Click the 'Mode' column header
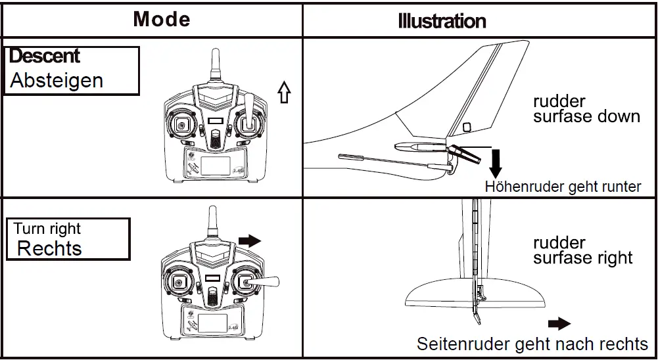point(161,19)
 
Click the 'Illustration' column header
point(442,21)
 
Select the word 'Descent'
point(45,56)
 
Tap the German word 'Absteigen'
point(57,81)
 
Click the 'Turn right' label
point(47,229)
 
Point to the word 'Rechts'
point(49,249)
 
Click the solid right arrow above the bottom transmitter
point(249,241)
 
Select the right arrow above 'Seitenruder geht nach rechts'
point(559,323)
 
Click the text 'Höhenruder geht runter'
point(563,187)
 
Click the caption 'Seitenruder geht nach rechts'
point(532,344)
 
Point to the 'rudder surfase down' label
point(586,110)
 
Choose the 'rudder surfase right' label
point(582,250)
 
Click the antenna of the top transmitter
point(214,66)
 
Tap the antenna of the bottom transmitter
point(212,223)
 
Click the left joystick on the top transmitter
point(180,125)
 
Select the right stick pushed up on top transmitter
point(250,108)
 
